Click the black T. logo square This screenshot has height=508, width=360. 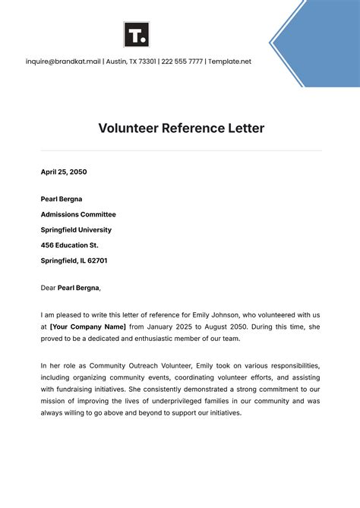[x=137, y=34]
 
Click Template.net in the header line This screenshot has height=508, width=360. [x=230, y=62]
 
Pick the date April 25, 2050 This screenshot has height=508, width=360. [x=64, y=172]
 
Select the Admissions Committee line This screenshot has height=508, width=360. [x=78, y=214]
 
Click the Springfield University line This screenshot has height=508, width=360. [x=76, y=229]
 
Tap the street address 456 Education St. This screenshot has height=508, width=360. [x=69, y=245]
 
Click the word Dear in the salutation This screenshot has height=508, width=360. [x=48, y=288]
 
